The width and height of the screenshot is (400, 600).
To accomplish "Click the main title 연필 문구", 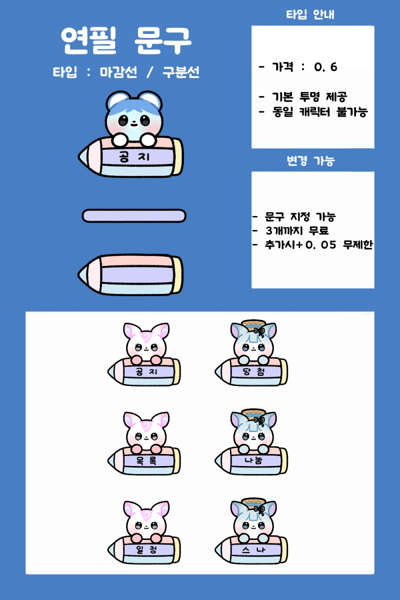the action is click(126, 40).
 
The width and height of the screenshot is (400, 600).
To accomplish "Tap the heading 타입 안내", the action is click(310, 14).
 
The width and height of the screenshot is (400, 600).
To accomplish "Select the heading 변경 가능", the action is click(311, 160).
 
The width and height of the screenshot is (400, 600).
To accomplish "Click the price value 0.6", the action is click(325, 67).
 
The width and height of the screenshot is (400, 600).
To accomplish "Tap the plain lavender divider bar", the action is click(134, 216).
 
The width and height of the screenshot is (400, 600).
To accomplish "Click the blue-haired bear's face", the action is click(134, 121).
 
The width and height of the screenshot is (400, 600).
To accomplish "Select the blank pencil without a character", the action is click(130, 275).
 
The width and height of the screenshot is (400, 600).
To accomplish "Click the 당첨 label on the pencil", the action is click(253, 371).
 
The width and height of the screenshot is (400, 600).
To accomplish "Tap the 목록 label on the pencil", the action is click(146, 460).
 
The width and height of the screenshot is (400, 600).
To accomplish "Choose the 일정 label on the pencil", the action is click(146, 549).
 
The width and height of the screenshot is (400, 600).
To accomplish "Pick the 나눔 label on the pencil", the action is click(253, 460).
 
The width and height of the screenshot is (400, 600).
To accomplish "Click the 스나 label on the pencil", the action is click(253, 549).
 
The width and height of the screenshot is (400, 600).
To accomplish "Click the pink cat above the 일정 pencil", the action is click(146, 520).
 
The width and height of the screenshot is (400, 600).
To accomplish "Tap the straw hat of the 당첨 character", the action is click(253, 323).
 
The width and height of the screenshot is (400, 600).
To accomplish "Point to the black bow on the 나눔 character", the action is click(259, 421).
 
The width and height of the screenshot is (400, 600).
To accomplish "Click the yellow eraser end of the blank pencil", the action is click(177, 275).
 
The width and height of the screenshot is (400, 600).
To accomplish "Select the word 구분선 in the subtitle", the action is click(181, 72).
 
